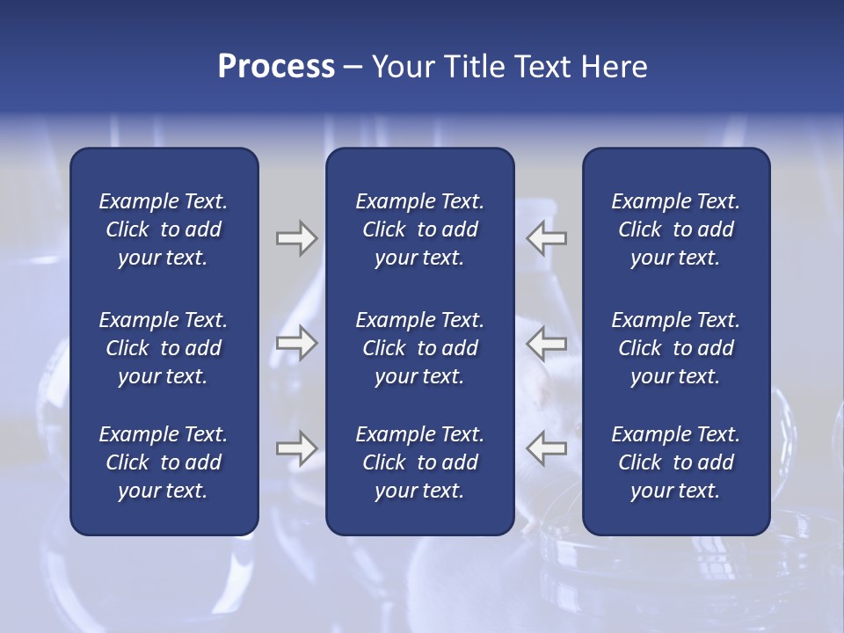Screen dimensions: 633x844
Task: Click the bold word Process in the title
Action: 276,67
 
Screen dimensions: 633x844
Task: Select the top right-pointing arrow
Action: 297,238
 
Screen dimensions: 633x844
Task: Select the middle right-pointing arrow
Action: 297,344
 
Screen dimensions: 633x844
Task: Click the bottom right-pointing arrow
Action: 297,448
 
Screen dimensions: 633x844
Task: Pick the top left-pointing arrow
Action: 547,238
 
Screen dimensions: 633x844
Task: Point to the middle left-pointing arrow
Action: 547,344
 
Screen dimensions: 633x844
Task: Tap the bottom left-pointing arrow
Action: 547,448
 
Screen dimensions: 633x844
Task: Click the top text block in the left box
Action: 164,229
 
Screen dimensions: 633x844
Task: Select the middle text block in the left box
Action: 164,348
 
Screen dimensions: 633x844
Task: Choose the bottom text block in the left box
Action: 164,462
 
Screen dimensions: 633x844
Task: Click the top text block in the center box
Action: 420,229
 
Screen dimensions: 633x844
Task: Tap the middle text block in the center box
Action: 420,348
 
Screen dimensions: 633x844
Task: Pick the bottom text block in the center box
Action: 420,462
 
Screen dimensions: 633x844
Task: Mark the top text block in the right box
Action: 676,229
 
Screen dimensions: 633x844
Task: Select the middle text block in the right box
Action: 676,348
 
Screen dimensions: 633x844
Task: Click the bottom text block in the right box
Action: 676,462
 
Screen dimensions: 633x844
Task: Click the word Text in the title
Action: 541,67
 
